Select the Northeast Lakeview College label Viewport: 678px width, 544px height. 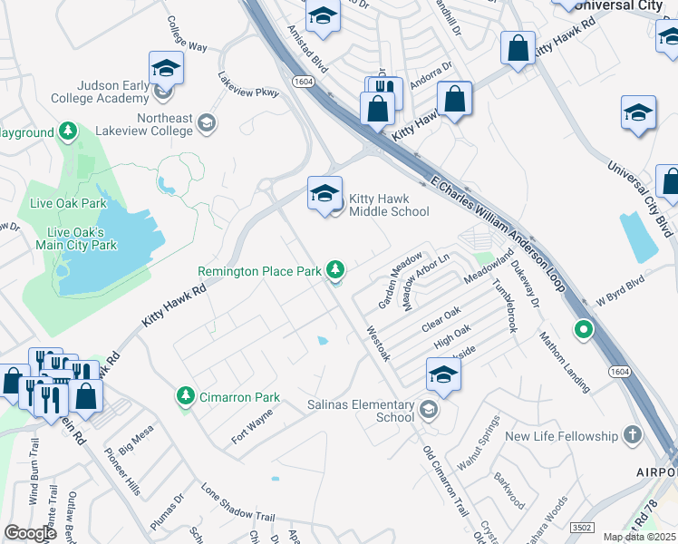165,125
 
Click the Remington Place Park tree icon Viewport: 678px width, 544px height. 336,269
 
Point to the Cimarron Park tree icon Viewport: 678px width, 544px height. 186,396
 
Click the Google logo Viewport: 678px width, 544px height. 31,532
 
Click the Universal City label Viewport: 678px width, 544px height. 619,5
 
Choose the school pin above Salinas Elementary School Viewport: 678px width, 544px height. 443,374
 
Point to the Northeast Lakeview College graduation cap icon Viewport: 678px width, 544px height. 207,122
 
